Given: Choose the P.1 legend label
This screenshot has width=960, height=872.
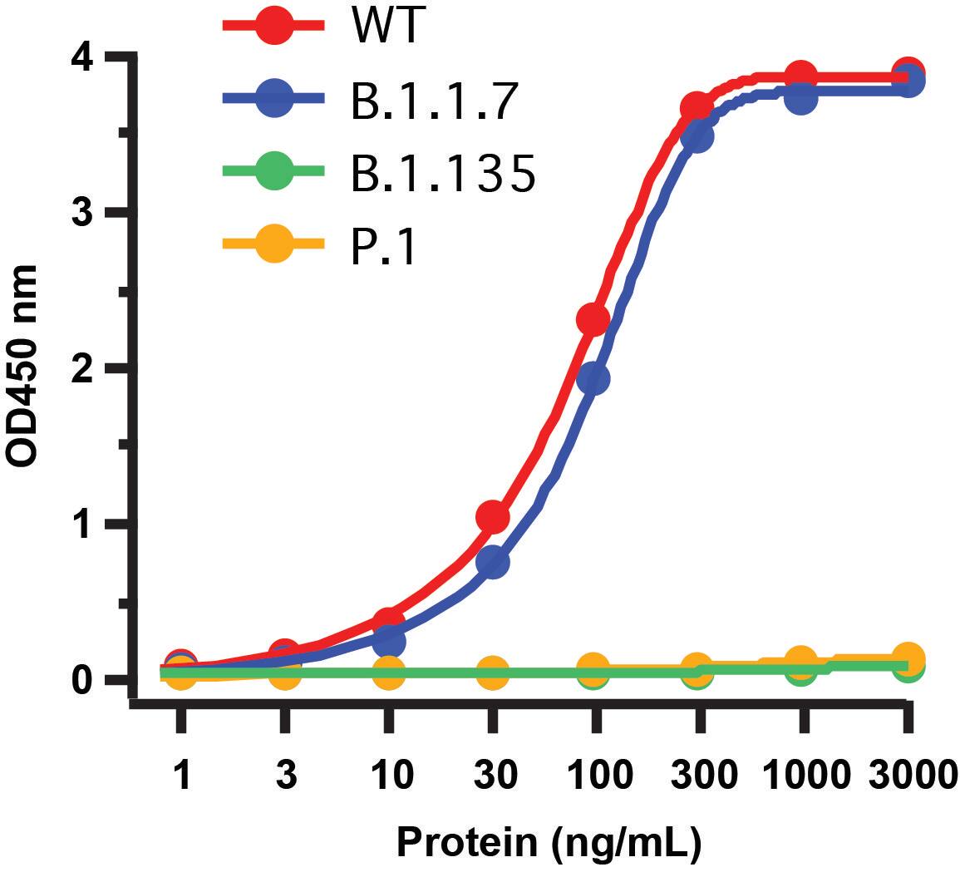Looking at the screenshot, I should pyautogui.click(x=383, y=247).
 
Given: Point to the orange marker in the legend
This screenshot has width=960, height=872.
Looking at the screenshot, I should pyautogui.click(x=274, y=245).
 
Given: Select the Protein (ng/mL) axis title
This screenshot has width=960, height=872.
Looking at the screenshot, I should pyautogui.click(x=549, y=841).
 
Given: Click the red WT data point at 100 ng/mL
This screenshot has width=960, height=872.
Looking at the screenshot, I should pyautogui.click(x=593, y=319).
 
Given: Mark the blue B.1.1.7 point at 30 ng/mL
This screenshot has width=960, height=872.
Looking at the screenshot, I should pyautogui.click(x=492, y=564).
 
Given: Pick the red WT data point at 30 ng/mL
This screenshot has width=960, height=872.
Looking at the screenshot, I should pyautogui.click(x=492, y=517).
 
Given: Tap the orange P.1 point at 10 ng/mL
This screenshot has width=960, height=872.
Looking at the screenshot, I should pyautogui.click(x=388, y=672).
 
